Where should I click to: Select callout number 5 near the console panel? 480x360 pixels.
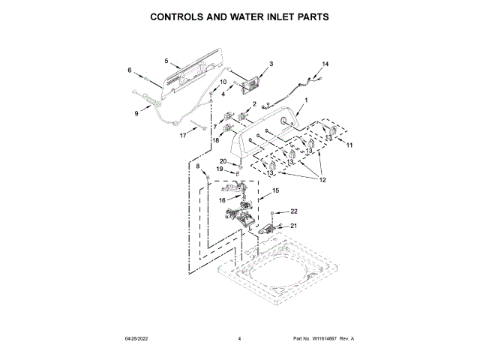(166, 60)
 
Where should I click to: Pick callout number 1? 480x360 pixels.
(306, 100)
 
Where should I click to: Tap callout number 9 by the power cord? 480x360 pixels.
(136, 114)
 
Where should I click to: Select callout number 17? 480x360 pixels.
(182, 136)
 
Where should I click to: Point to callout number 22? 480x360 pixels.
(295, 211)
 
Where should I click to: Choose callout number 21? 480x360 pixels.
(295, 225)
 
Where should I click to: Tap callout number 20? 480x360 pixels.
(223, 161)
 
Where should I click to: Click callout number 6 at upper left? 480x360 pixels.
(130, 71)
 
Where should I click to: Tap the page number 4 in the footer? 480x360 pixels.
(239, 339)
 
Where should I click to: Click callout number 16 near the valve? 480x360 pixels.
(223, 199)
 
